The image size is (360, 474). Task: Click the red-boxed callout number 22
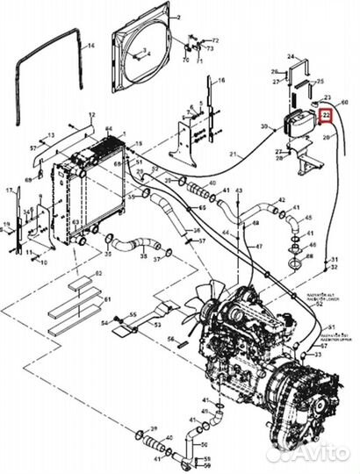coord(326,115)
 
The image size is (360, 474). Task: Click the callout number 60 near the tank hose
coord(344,103)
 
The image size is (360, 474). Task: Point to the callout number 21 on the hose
coord(234,155)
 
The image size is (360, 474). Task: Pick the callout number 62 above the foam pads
coord(99,275)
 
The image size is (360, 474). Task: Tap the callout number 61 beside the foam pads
coord(109,299)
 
